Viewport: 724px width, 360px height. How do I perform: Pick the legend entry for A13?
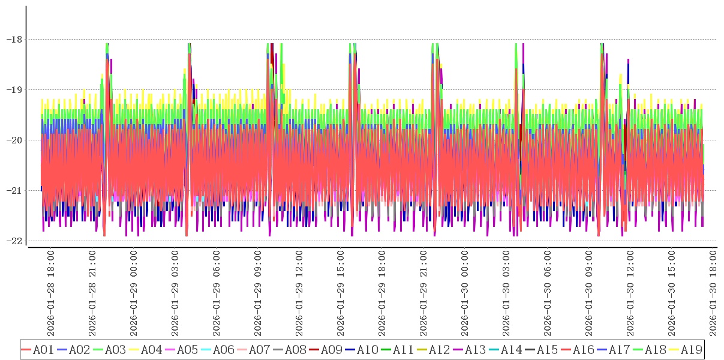[476, 349]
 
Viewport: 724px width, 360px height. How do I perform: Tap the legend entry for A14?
[512, 349]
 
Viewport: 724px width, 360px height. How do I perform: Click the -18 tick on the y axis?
[14, 40]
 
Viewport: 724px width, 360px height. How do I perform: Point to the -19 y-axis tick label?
[14, 90]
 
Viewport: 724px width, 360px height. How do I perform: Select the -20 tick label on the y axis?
[14, 140]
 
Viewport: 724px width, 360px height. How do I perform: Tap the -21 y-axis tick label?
[14, 191]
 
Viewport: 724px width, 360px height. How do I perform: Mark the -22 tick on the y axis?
[14, 241]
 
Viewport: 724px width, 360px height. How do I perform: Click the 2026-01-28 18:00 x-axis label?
[50, 294]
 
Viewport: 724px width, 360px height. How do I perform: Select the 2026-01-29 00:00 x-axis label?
[133, 294]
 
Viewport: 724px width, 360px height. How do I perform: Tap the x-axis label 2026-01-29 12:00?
[299, 294]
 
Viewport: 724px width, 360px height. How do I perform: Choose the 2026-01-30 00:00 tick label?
[465, 294]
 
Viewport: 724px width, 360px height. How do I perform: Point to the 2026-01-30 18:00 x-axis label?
[713, 294]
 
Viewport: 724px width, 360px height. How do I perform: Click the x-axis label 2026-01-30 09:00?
[589, 294]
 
